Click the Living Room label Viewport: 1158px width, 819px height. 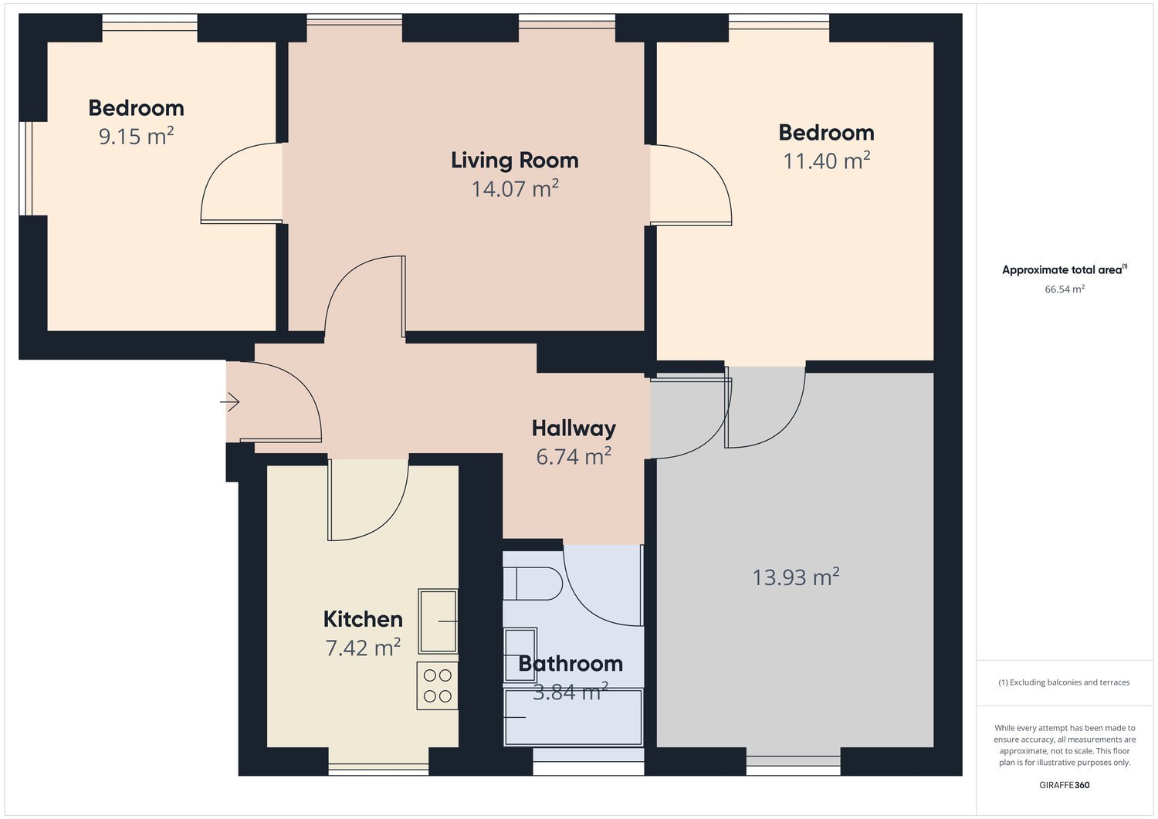click(x=514, y=161)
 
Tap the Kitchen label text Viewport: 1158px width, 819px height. click(x=363, y=619)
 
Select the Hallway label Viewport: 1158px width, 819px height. click(x=574, y=428)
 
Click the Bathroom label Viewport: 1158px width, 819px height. click(x=571, y=663)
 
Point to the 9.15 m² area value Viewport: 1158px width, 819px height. click(x=136, y=135)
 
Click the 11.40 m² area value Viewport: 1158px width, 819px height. click(x=827, y=161)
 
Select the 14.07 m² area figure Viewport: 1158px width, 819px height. click(x=515, y=188)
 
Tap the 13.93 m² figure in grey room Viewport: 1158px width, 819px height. click(x=796, y=577)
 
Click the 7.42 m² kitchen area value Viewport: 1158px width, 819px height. click(x=363, y=648)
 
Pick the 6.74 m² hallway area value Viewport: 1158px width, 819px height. click(x=574, y=456)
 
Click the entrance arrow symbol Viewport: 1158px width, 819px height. click(x=229, y=401)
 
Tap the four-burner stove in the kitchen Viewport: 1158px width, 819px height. click(x=438, y=685)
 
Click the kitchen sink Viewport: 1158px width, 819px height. click(x=438, y=621)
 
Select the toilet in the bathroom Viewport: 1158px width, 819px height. click(x=533, y=584)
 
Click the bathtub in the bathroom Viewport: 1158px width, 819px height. click(x=574, y=717)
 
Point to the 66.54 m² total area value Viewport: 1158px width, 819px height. click(x=1065, y=289)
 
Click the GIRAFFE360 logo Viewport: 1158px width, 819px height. click(x=1065, y=785)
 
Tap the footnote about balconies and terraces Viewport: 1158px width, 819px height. click(x=1064, y=682)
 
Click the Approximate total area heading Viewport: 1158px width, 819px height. click(x=1065, y=269)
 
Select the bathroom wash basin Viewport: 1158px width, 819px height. click(x=520, y=655)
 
